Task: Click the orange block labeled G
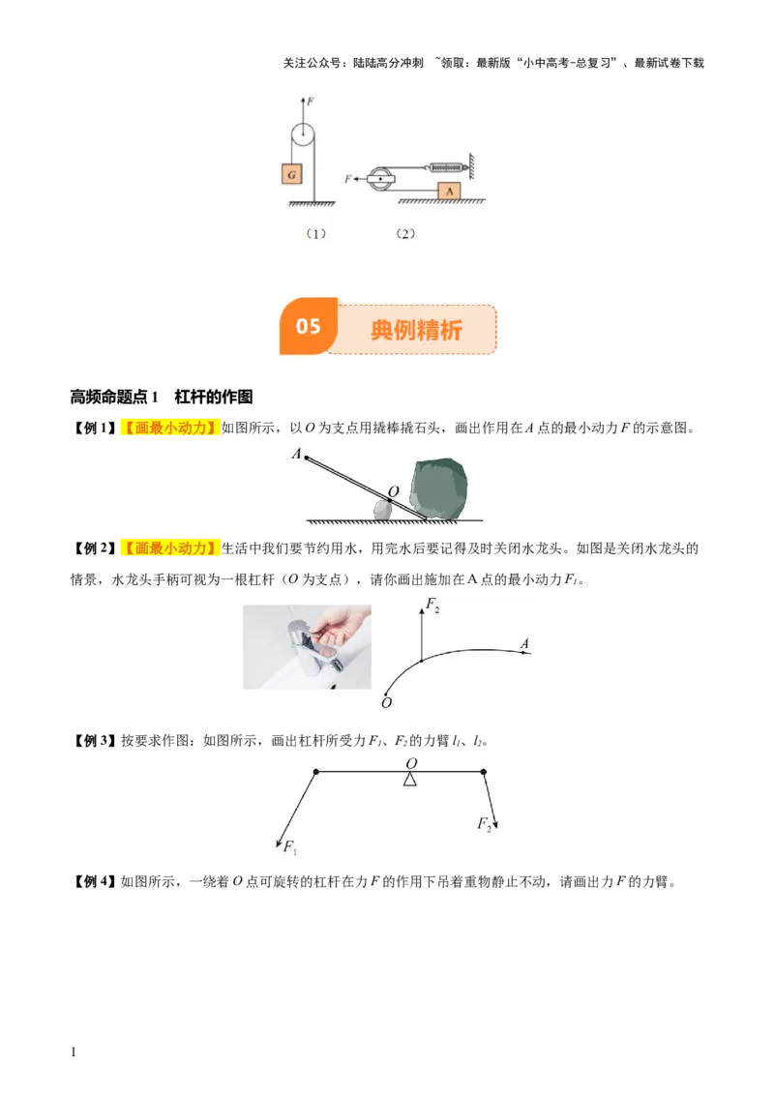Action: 290,173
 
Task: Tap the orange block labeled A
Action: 450,191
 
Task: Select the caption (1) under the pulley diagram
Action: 316,233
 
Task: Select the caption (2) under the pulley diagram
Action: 405,233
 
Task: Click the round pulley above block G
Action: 304,135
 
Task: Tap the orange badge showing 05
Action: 308,326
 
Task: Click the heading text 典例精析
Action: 416,330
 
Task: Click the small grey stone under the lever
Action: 382,512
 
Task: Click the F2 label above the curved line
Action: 433,607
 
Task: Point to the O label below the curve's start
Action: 386,703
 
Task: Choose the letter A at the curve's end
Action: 524,643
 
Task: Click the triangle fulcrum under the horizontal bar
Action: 410,779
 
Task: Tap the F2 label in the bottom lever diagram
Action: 484,824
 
